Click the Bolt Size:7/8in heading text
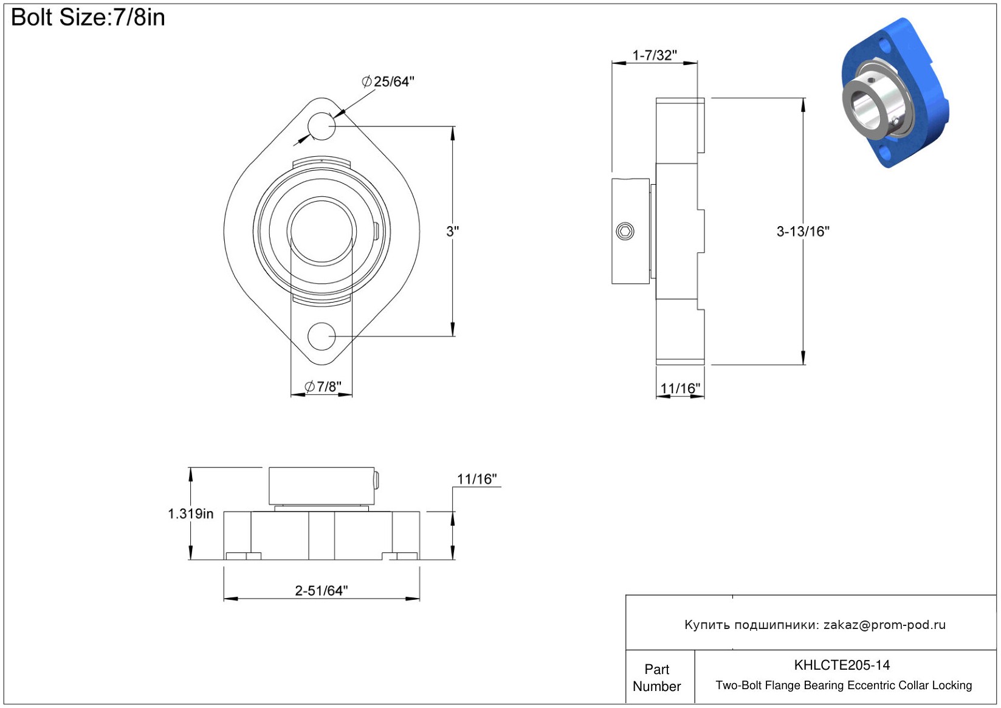coord(88,18)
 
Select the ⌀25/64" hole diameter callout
coord(388,81)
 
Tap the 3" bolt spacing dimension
coord(453,231)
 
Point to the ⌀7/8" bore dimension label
coord(323,386)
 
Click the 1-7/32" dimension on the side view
coord(655,55)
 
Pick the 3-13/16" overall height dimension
coord(803,231)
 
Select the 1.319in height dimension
coord(191,514)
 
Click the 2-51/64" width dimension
coord(322,591)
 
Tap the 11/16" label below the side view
coord(680,388)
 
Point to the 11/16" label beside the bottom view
coord(477,479)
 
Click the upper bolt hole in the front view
coord(322,126)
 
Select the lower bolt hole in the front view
coord(322,336)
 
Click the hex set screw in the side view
coord(625,231)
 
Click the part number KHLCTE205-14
coord(842,665)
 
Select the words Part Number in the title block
coord(656,678)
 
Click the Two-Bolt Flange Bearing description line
coord(844,685)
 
